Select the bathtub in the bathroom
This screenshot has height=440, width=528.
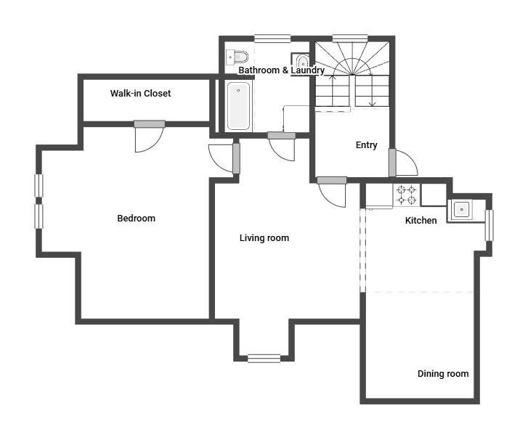(x=238, y=106)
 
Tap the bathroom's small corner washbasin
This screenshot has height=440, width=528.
(x=302, y=60)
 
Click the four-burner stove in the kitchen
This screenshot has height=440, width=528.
(x=407, y=195)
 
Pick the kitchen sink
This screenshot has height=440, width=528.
(x=460, y=209)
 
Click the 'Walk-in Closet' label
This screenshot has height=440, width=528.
(x=140, y=93)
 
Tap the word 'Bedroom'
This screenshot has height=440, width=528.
(x=136, y=218)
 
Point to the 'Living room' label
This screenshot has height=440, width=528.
(x=264, y=238)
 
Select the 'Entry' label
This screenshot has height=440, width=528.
(x=366, y=145)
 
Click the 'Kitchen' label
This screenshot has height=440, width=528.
(x=421, y=221)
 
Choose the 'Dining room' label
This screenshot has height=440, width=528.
(x=443, y=374)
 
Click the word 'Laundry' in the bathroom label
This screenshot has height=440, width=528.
(x=308, y=70)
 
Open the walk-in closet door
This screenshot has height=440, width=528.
(x=149, y=137)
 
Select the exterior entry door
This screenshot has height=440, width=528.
(x=403, y=162)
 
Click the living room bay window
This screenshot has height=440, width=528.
(x=264, y=359)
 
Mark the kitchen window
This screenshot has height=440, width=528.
(x=490, y=225)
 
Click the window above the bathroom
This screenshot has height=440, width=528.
(x=272, y=38)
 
